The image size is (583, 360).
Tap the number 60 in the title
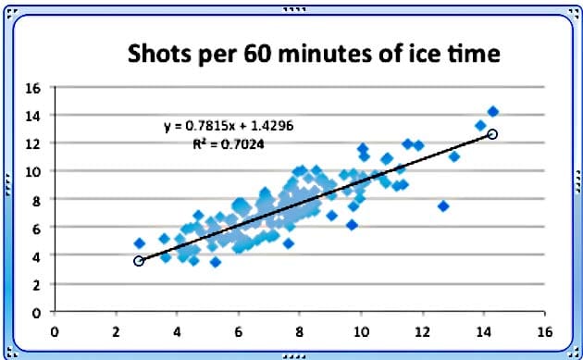coord(265,54)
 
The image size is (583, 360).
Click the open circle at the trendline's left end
coord(139,261)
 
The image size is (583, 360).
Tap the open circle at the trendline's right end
coord(492,134)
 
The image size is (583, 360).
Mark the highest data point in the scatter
coord(492,112)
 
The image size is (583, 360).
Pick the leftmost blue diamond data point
coord(140,243)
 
